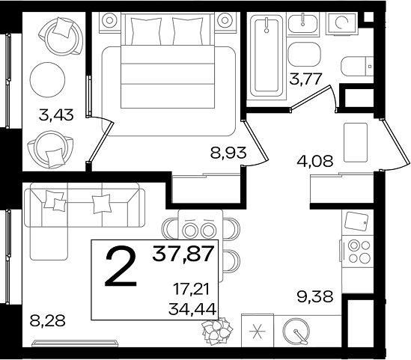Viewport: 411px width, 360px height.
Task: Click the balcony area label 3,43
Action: pyautogui.click(x=56, y=115)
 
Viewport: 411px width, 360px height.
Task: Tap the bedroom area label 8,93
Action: pyautogui.click(x=228, y=153)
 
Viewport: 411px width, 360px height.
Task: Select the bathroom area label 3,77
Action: pyautogui.click(x=305, y=79)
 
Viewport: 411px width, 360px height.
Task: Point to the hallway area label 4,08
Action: pyautogui.click(x=315, y=161)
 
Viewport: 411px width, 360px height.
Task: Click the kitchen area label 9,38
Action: pyautogui.click(x=315, y=296)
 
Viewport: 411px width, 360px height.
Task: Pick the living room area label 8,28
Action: pyautogui.click(x=47, y=320)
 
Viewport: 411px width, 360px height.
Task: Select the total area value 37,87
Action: pyautogui.click(x=183, y=254)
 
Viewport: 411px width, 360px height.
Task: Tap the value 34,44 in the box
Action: pyautogui.click(x=192, y=308)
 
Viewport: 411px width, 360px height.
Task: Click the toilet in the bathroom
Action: pyautogui.click(x=357, y=67)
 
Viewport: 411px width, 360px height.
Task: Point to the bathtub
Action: pyautogui.click(x=267, y=55)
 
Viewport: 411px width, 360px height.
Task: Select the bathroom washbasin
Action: pyautogui.click(x=303, y=23)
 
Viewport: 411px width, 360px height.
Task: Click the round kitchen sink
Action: pyautogui.click(x=296, y=332)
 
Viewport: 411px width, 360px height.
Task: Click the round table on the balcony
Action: pyautogui.click(x=47, y=79)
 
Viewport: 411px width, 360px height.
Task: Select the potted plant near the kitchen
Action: pyautogui.click(x=217, y=331)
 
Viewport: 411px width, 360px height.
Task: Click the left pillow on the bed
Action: pyautogui.click(x=146, y=31)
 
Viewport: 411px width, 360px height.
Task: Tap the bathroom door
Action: pyautogui.click(x=312, y=99)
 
